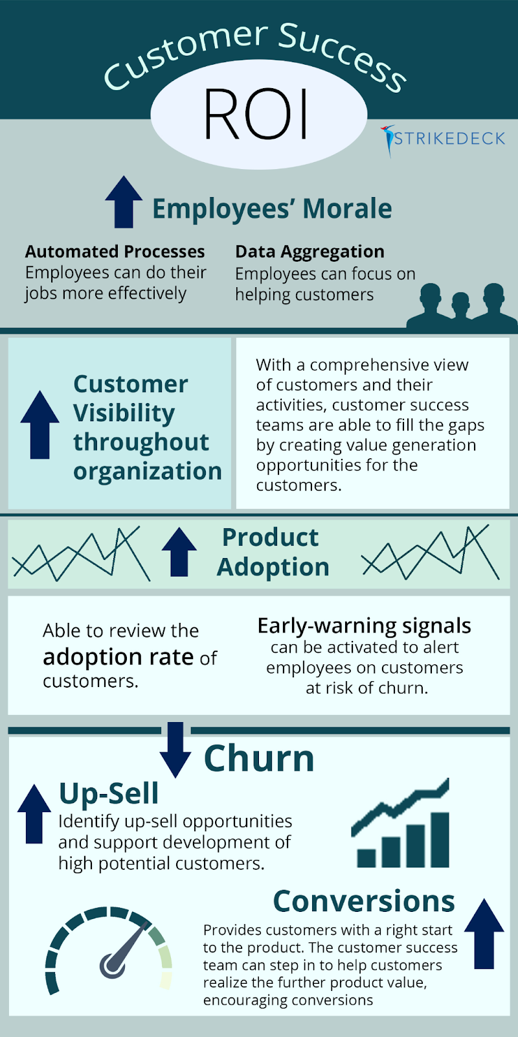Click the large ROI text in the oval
pyautogui.click(x=257, y=115)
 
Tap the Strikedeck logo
pyautogui.click(x=444, y=138)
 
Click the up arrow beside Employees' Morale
pyautogui.click(x=124, y=202)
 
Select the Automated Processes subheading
pyautogui.click(x=115, y=251)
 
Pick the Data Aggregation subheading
pyautogui.click(x=310, y=251)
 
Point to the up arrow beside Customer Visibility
pyautogui.click(x=39, y=425)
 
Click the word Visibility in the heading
pyautogui.click(x=124, y=413)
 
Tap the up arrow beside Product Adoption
pyautogui.click(x=179, y=552)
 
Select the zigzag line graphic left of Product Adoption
pyautogui.click(x=81, y=554)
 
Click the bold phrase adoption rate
pyautogui.click(x=118, y=657)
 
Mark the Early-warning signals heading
pyautogui.click(x=364, y=625)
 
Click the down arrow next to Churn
pyautogui.click(x=175, y=750)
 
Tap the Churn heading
pyautogui.click(x=259, y=758)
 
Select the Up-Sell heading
pyautogui.click(x=109, y=793)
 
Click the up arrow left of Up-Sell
pyautogui.click(x=34, y=814)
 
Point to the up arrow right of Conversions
pyautogui.click(x=484, y=933)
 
